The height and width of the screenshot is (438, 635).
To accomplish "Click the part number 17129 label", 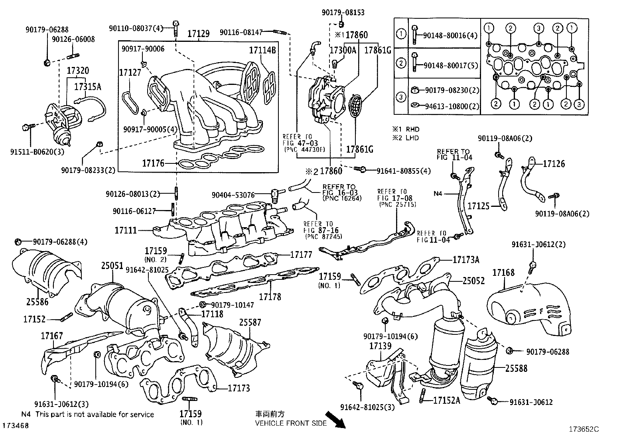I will pos(198,34).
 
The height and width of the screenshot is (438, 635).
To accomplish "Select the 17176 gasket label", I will pos(153,163).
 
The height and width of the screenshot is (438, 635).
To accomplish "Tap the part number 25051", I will pos(112,265).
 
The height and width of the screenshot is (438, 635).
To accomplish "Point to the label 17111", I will pos(126,230).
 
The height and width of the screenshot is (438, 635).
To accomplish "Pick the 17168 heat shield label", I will pos(503,273).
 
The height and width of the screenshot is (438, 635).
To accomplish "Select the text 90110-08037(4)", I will pos(136,28).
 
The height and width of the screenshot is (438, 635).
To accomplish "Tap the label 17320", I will pos(78,71).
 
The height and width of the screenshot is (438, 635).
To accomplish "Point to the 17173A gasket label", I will pos(466,260).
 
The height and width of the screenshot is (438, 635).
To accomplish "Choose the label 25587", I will pos(250,322).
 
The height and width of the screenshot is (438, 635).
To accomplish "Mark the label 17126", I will pos(554,164).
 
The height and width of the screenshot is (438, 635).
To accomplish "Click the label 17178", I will pos(270,297).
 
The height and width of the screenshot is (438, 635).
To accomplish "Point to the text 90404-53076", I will pos(233,195).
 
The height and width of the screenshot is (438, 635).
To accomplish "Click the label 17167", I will pos(52,336).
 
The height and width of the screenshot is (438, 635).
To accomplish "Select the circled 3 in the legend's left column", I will pos(401,97).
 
